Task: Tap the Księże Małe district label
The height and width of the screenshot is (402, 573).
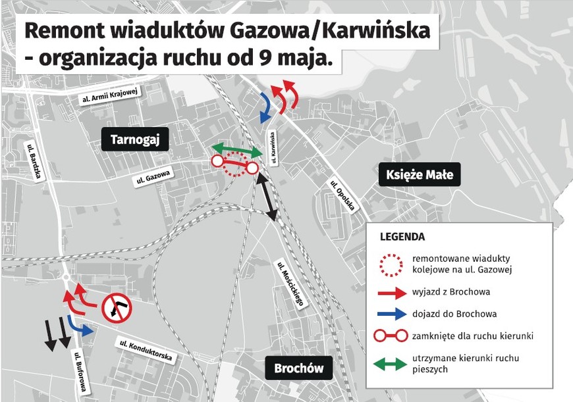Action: [420, 175]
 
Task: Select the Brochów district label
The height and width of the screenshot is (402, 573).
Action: [298, 368]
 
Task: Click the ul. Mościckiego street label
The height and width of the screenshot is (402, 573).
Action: [290, 284]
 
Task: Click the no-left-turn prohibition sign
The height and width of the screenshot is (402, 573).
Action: [117, 308]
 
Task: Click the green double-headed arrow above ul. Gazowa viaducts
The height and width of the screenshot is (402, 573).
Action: [237, 151]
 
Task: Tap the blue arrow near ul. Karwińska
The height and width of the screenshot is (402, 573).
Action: [265, 107]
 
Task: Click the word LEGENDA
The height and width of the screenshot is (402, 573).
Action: [402, 237]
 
